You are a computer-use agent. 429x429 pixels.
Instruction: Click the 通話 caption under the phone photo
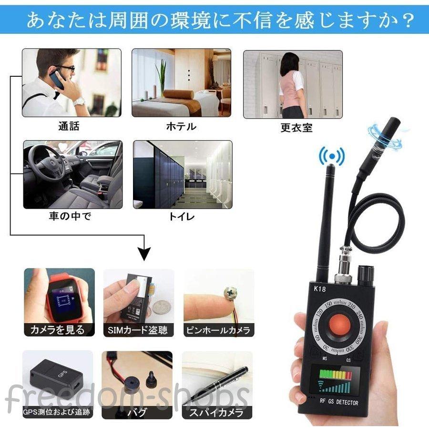(69, 126)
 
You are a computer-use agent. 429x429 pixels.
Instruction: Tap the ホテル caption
(181, 126)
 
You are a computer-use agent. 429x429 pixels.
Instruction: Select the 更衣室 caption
(296, 128)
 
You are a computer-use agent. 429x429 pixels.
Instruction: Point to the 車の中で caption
(70, 216)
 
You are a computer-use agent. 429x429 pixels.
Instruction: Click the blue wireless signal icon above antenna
(331, 156)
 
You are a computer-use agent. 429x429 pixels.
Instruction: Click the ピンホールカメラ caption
(219, 330)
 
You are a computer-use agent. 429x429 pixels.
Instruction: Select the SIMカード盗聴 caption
(138, 330)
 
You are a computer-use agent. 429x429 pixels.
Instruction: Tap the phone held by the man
(57, 79)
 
